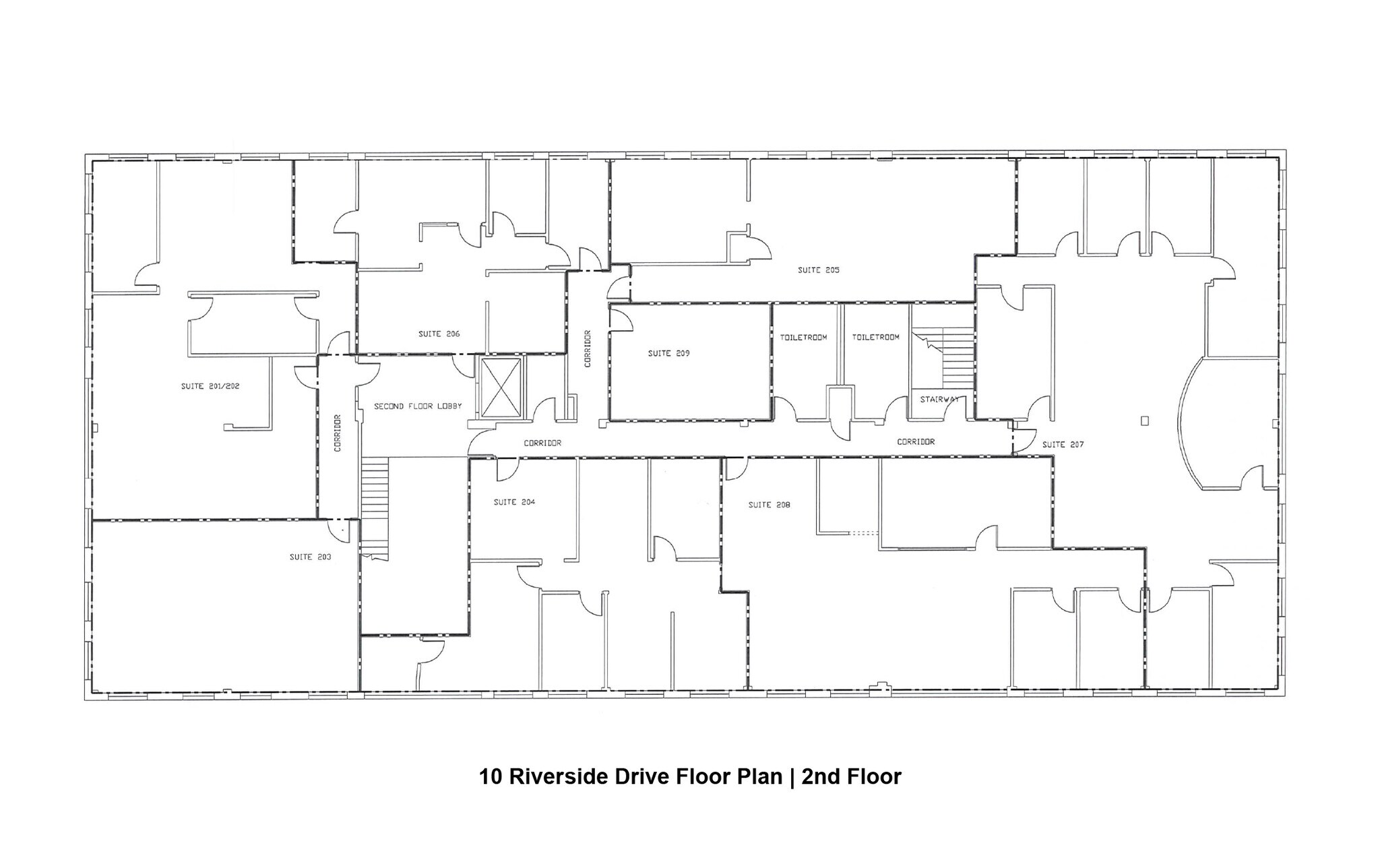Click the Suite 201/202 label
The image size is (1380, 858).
pos(210,387)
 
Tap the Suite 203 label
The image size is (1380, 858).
pos(310,557)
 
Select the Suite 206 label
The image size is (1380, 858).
pos(439,334)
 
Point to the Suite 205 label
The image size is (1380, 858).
pos(818,270)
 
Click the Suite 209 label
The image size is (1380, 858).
pos(668,354)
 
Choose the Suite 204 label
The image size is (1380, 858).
pos(514,502)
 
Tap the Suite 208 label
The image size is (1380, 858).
pos(769,505)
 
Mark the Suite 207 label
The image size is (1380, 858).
pos(1063,445)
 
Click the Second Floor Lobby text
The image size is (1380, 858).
pos(418,406)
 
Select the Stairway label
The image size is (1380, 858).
pos(939,400)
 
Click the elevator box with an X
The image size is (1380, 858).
pos(499,387)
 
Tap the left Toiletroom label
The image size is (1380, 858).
pos(803,338)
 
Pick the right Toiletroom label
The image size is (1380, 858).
pos(875,338)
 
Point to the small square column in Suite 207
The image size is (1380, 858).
pos(1145,421)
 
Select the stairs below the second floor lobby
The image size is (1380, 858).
pos(375,505)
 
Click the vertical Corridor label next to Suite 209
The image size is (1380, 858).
pos(588,348)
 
